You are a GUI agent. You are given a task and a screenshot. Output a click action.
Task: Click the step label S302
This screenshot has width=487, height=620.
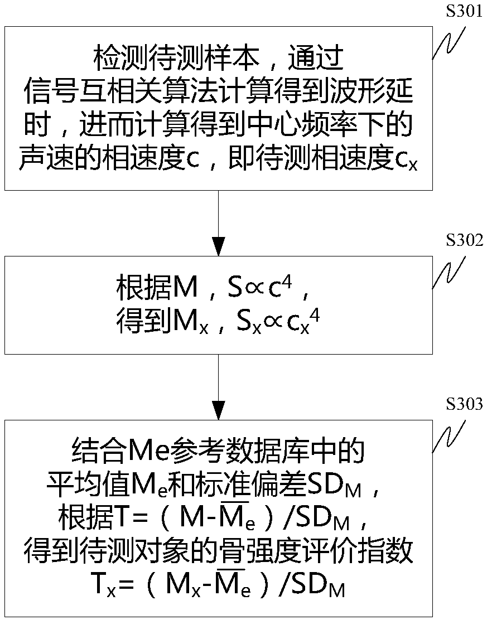464,241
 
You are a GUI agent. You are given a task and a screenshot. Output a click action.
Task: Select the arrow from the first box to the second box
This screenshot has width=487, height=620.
219,223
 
